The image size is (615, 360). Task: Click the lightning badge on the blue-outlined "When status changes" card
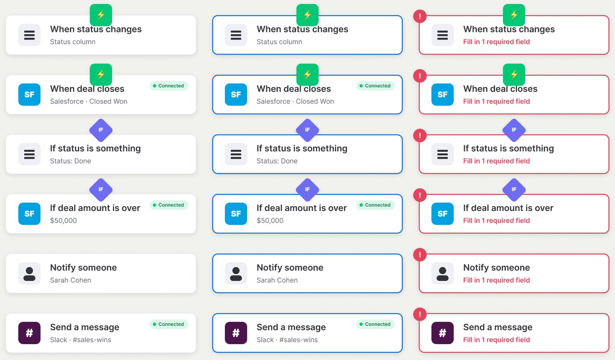pos(307,15)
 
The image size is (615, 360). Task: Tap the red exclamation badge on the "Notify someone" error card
pos(420,255)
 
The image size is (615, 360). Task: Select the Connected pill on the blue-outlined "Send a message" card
pos(375,324)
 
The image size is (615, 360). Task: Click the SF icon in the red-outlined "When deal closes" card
pos(442,95)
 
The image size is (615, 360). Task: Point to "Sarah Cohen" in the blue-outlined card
pos(277,280)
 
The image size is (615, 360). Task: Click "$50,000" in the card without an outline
pos(63,220)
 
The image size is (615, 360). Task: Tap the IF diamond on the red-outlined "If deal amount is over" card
pos(514,189)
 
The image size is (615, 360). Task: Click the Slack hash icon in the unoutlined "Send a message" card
pos(29,333)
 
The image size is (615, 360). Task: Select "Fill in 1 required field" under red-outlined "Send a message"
pos(496,340)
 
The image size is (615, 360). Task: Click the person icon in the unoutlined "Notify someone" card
pos(29,273)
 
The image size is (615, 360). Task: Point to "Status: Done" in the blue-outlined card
pos(277,161)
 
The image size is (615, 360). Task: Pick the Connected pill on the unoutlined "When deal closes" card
pos(169,86)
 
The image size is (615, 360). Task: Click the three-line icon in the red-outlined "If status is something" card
pos(442,154)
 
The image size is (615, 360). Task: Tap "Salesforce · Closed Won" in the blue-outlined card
pos(295,102)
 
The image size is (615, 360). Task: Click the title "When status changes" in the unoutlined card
pos(96,29)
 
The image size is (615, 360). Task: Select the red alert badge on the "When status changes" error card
pos(420,16)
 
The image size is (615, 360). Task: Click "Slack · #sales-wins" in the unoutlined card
pos(80,340)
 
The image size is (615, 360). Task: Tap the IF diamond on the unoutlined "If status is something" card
pos(101,130)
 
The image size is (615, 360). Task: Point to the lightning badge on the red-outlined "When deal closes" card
pos(514,74)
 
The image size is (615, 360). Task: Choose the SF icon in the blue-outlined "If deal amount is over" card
pos(236,214)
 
